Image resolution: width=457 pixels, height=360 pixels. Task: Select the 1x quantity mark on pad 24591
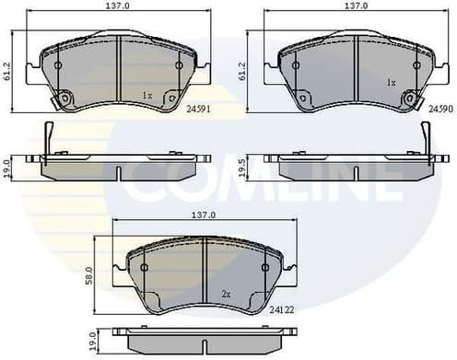click(x=147, y=96)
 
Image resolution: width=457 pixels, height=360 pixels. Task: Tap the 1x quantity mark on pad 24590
click(x=391, y=82)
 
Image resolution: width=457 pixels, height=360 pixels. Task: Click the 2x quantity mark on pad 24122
click(x=225, y=294)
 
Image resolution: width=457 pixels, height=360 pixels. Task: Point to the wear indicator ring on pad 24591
click(x=64, y=102)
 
